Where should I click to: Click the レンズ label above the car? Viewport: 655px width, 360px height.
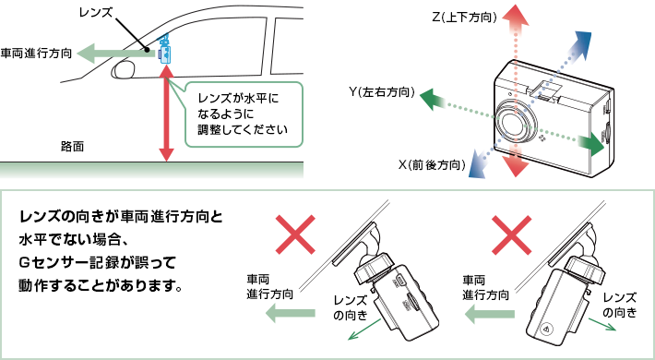[x=96, y=13]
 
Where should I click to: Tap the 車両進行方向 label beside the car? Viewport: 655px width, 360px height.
[x=36, y=54]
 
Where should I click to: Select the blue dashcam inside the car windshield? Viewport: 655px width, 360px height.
[x=165, y=50]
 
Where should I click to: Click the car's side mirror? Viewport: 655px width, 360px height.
[x=124, y=68]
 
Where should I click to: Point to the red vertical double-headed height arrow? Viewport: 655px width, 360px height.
[x=166, y=114]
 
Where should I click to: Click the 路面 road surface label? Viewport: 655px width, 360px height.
[x=72, y=147]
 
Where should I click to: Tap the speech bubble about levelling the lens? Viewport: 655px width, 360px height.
[x=243, y=114]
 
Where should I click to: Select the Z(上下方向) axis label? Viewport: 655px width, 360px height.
[x=464, y=18]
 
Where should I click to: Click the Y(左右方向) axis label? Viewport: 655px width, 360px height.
[x=382, y=92]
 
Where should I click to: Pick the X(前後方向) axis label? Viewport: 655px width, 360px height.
[x=432, y=165]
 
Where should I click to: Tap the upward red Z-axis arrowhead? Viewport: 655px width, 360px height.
[x=515, y=17]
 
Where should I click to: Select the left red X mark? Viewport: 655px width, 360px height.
[x=295, y=234]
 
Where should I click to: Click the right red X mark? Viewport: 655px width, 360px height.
[x=512, y=234]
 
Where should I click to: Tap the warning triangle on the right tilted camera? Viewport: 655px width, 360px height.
[x=546, y=329]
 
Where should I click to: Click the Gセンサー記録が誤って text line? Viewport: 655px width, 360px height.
[x=98, y=263]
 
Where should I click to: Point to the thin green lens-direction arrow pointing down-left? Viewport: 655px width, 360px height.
[x=363, y=329]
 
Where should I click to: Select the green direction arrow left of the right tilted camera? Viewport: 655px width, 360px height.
[x=490, y=314]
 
